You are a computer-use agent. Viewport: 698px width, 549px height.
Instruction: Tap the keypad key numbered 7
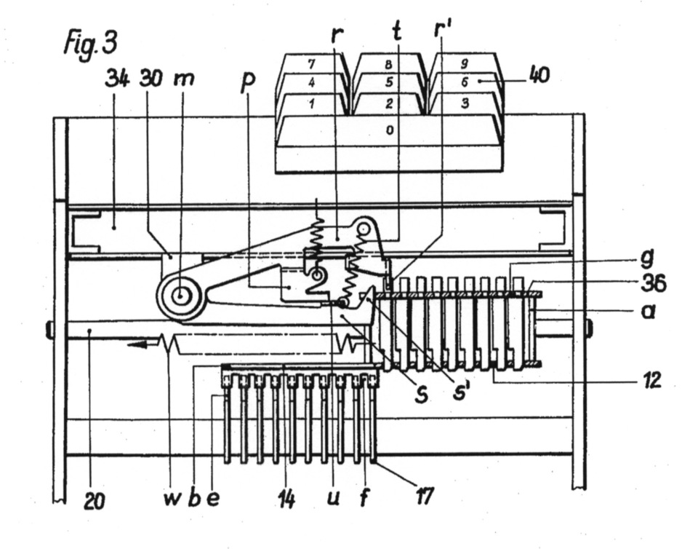(312, 64)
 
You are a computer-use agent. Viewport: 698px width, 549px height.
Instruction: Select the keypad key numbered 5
(389, 83)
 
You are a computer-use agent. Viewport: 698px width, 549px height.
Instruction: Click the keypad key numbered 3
(465, 103)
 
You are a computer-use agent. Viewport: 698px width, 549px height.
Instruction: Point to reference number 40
(539, 75)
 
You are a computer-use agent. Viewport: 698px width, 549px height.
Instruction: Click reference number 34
(117, 80)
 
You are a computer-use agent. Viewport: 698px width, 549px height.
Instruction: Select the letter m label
(183, 79)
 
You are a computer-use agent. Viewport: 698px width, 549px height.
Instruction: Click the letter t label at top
(397, 31)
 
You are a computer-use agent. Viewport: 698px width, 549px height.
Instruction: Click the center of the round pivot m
(180, 295)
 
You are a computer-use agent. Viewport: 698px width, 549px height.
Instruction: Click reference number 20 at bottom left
(95, 500)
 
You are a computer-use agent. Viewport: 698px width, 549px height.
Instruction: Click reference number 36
(653, 283)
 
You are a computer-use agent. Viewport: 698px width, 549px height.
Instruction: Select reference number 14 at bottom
(287, 499)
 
